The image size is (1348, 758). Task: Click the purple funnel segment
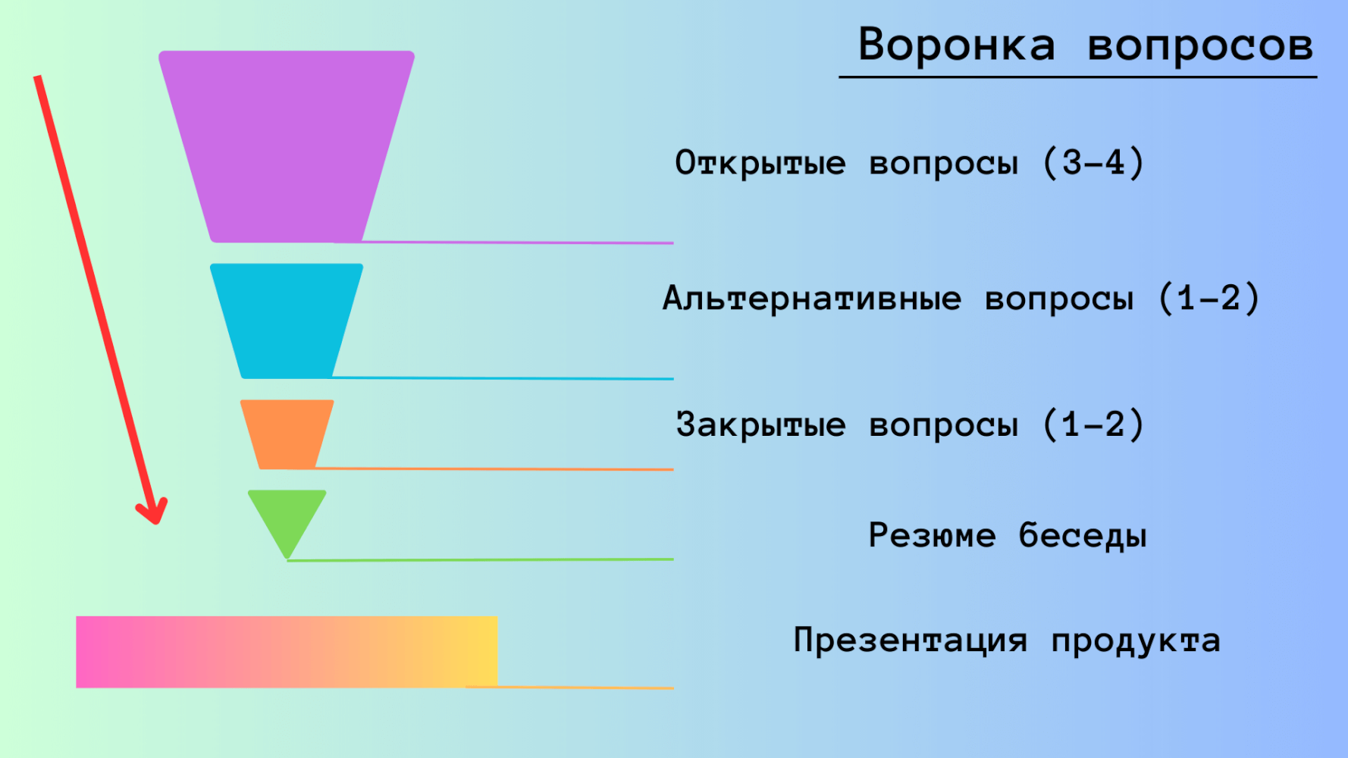coord(287,146)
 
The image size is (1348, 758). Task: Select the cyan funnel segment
coord(287,321)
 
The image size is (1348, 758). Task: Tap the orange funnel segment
coord(287,434)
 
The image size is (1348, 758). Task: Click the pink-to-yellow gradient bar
coord(287,652)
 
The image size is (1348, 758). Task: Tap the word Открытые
coord(760,163)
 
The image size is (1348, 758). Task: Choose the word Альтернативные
coord(812,299)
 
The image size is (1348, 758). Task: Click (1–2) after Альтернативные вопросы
coord(1209,298)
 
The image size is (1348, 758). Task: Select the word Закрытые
coord(760,424)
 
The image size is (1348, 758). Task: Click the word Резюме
coord(932,535)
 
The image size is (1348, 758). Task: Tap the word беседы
coord(1083,535)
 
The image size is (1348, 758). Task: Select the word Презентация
coord(911,641)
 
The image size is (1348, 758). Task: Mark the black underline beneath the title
coord(1077,77)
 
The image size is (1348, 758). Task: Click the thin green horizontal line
coord(481,560)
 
